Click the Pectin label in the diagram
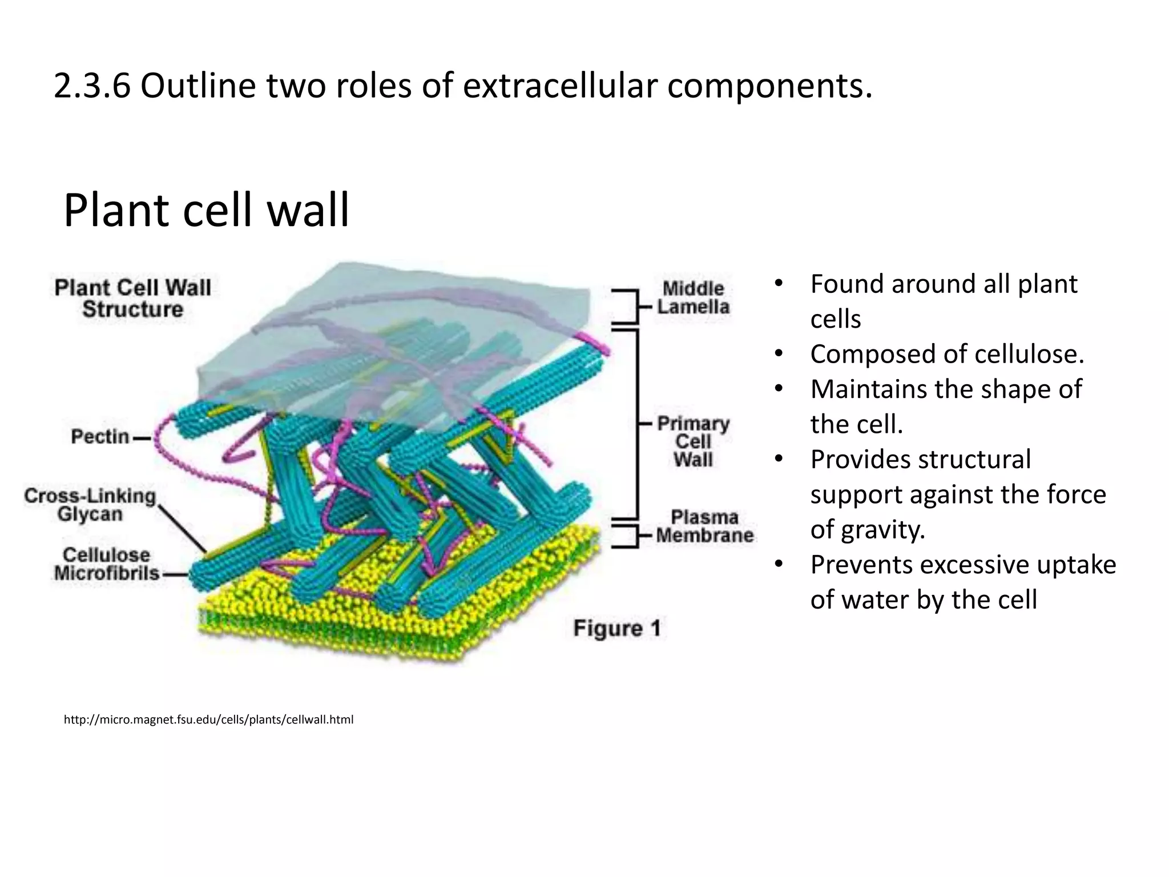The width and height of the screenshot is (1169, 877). [100, 437]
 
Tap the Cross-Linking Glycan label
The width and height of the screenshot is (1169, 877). [90, 505]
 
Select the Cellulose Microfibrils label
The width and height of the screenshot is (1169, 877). [106, 564]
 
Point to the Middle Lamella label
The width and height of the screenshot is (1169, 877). [692, 297]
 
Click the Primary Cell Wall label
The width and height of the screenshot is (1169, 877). [692, 441]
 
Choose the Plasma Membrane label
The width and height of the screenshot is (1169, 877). [704, 526]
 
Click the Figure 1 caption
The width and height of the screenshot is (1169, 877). [617, 628]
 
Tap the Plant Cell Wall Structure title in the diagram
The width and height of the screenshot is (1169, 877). [132, 298]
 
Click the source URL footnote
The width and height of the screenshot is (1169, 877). [208, 719]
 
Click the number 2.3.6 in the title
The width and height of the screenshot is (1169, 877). [91, 86]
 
